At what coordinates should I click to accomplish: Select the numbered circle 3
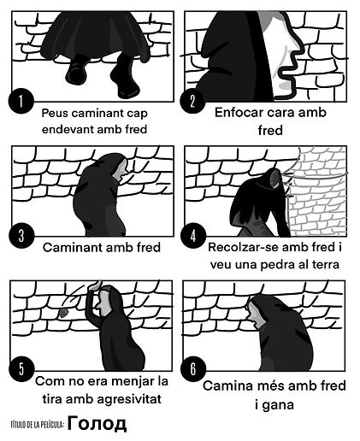point(21,234)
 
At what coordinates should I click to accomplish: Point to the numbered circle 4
point(194,234)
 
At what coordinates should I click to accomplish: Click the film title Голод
point(97,423)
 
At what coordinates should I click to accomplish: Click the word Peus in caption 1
point(56,111)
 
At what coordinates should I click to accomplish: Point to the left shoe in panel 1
point(78,67)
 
